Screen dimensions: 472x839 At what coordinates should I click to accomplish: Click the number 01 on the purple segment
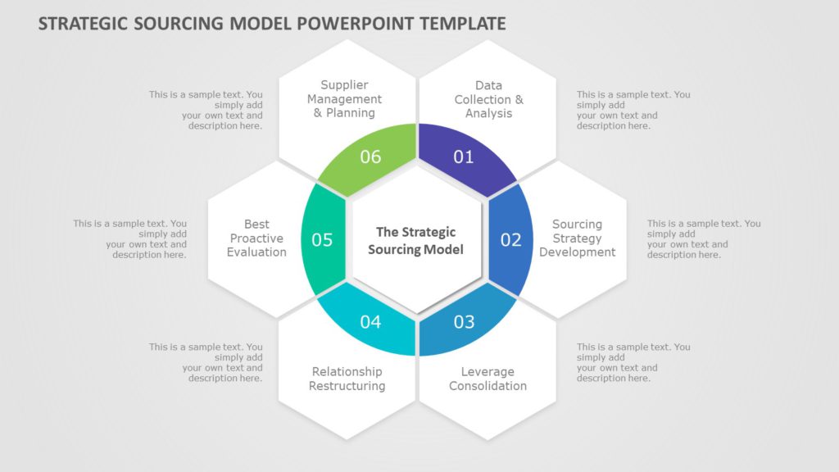[464, 157]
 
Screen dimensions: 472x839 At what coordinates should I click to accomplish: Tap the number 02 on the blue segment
[510, 239]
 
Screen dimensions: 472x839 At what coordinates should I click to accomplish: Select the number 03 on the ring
[464, 321]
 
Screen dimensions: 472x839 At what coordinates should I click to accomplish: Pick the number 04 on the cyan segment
[370, 321]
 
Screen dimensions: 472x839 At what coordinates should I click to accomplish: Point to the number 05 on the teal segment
[322, 239]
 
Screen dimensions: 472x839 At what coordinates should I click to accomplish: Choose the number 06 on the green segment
[370, 157]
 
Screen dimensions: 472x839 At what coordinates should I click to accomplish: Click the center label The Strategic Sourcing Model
[415, 241]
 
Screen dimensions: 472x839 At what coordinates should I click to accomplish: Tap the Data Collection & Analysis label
[488, 99]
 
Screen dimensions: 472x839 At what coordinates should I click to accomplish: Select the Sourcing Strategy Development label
[577, 238]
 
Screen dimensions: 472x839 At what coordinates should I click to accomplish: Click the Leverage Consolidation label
[488, 379]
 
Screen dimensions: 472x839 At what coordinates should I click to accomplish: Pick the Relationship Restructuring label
[347, 379]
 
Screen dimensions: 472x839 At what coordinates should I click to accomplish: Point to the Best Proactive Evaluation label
[256, 238]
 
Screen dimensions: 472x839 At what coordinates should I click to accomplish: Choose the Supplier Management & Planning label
[344, 99]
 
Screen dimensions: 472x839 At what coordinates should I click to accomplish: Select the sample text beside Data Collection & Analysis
[633, 110]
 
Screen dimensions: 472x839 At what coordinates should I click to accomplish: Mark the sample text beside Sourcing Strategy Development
[703, 239]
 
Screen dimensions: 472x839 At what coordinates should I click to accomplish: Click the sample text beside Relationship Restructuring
[206, 362]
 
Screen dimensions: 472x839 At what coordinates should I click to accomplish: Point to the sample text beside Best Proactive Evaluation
[130, 239]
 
